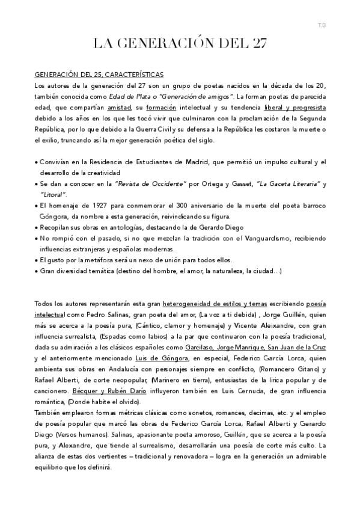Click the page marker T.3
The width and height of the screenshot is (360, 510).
click(x=322, y=24)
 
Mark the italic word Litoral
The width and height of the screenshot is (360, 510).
click(x=53, y=195)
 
